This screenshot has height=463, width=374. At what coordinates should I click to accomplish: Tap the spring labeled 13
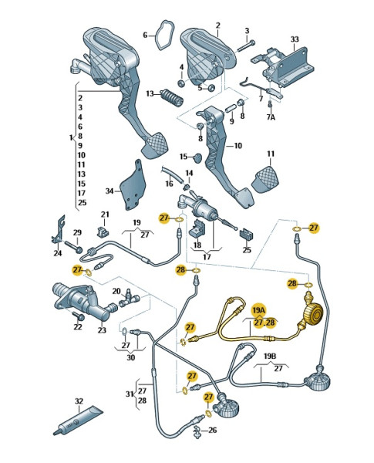172,98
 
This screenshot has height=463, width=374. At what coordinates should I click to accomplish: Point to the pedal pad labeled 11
266,179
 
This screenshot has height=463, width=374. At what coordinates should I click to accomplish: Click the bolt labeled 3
245,46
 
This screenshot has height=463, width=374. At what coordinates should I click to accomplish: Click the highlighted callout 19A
258,310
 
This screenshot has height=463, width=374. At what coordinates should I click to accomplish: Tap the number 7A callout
271,117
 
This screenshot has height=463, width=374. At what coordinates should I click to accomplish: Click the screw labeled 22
79,316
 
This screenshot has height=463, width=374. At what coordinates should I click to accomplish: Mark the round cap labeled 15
197,157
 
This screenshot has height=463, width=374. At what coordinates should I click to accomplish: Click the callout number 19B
269,356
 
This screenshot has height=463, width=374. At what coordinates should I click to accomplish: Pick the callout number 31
130,394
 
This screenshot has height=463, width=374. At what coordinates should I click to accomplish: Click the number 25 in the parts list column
82,202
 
